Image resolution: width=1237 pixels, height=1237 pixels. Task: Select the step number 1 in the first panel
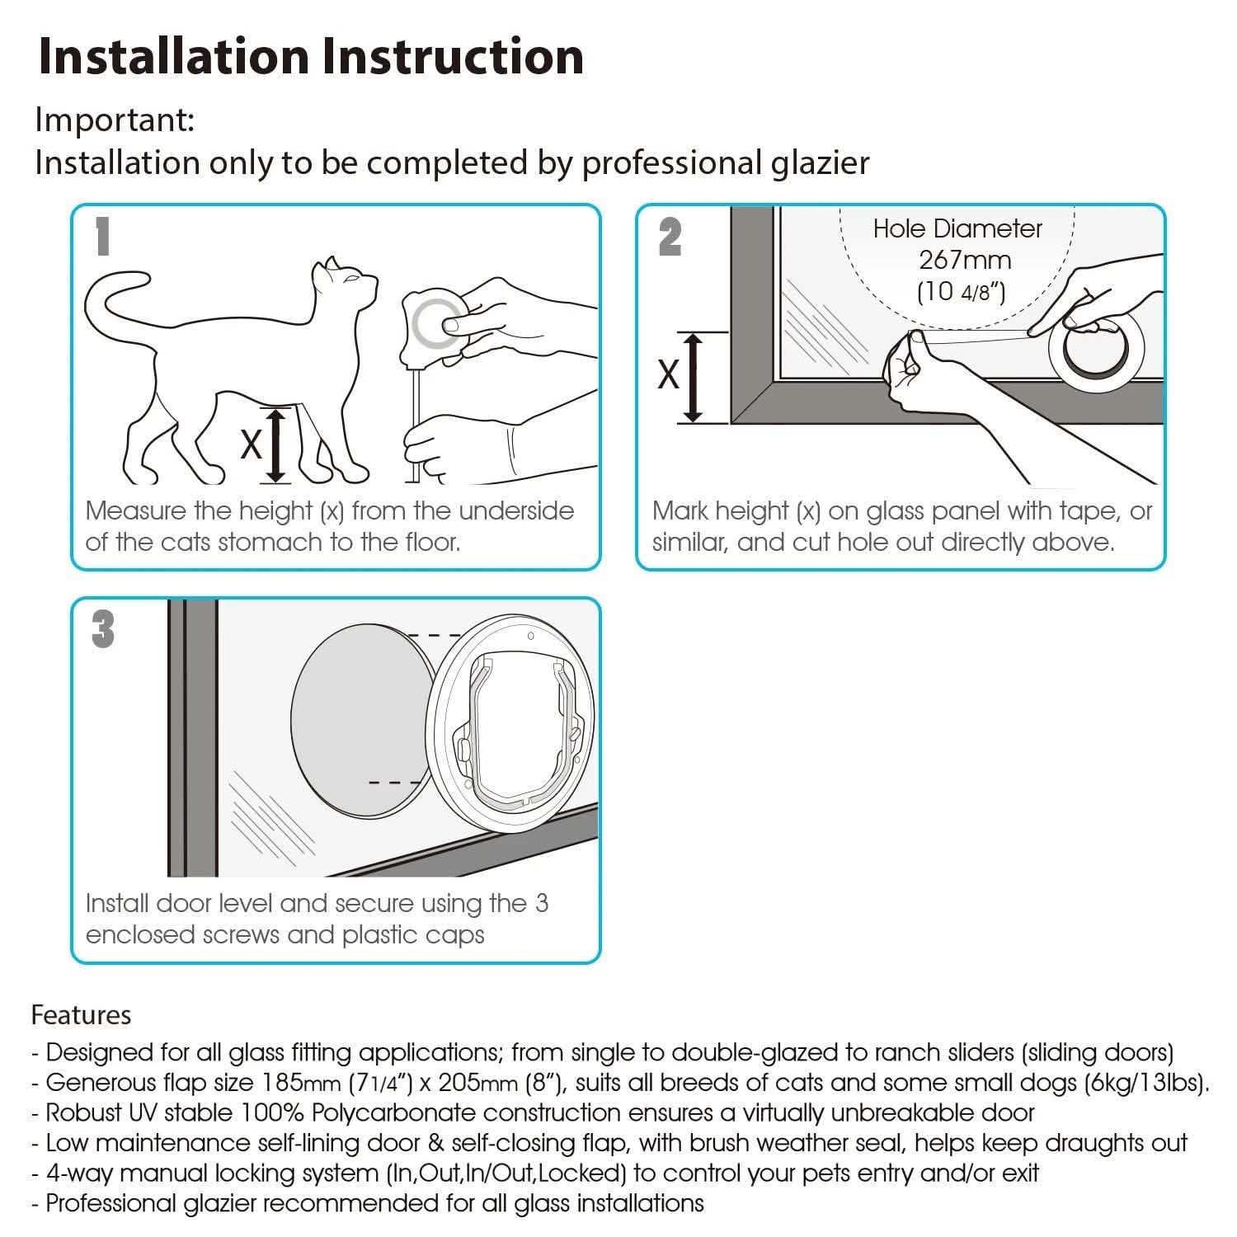(x=102, y=237)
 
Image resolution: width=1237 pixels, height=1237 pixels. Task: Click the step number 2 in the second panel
(x=670, y=237)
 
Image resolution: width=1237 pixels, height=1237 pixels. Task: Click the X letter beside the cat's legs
(x=251, y=444)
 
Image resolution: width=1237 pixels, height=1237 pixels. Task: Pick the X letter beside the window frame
(x=668, y=375)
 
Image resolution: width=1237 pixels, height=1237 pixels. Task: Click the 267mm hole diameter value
(x=965, y=260)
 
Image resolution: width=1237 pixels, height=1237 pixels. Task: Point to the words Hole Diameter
(x=957, y=228)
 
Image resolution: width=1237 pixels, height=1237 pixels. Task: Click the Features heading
(x=81, y=1014)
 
